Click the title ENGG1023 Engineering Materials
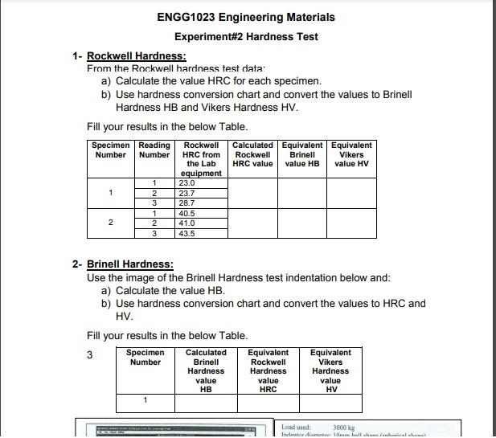247,17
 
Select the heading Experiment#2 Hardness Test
246,37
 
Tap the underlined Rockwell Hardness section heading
136,56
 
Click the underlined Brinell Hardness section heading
129,264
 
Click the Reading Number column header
154,150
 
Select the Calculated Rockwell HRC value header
252,154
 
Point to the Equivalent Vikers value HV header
351,154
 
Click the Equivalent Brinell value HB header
302,154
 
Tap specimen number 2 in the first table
110,223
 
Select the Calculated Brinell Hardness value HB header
206,370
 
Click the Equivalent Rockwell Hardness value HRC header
268,370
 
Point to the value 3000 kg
343,428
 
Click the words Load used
296,428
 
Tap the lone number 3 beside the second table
90,355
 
